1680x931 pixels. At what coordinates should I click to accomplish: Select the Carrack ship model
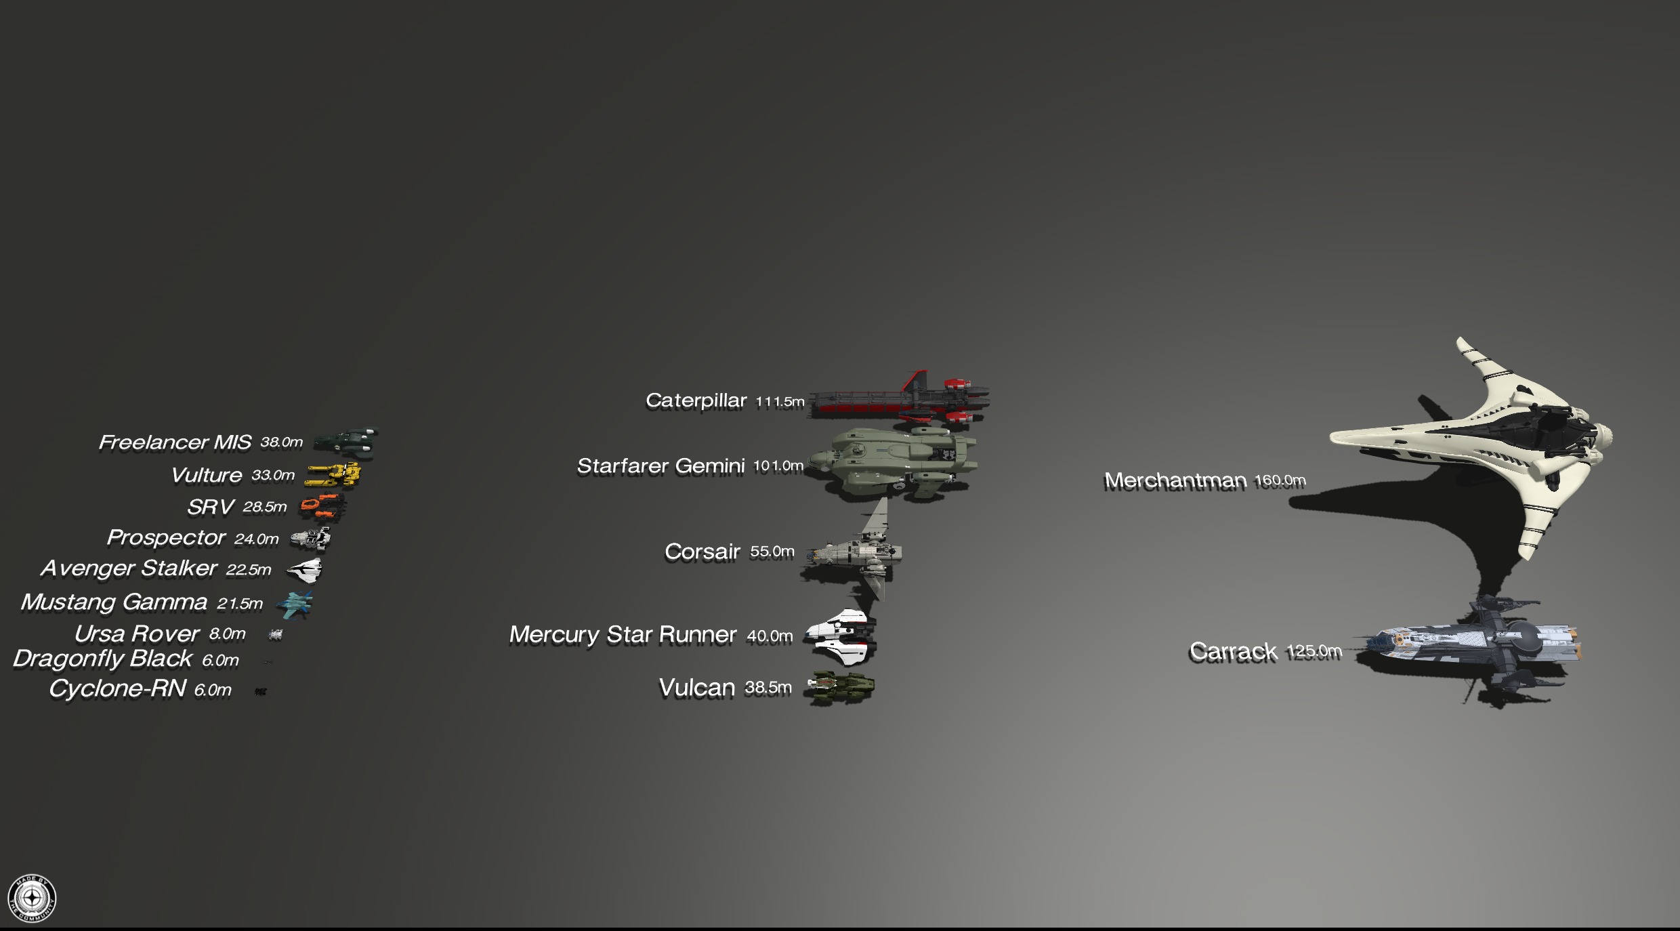click(x=1470, y=644)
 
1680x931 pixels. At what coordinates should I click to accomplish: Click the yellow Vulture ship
click(x=333, y=475)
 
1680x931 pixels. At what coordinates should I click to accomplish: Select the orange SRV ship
click(x=322, y=507)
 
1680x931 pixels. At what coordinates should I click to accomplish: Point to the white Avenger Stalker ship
click(x=304, y=571)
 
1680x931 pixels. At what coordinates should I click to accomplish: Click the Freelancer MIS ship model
click(x=345, y=442)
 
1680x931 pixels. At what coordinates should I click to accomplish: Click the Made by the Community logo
click(x=32, y=898)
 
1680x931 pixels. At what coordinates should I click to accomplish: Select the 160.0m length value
click(x=1280, y=480)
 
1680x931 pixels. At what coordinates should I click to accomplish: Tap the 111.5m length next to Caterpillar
click(x=780, y=402)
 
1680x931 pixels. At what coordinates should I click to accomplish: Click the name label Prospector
click(x=166, y=538)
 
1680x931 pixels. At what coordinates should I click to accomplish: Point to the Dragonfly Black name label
click(x=102, y=659)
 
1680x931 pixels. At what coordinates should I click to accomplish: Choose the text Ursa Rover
click(x=137, y=634)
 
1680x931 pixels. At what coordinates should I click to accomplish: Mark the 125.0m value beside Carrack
click(x=1314, y=652)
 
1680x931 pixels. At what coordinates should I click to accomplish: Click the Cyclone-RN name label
click(x=117, y=689)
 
